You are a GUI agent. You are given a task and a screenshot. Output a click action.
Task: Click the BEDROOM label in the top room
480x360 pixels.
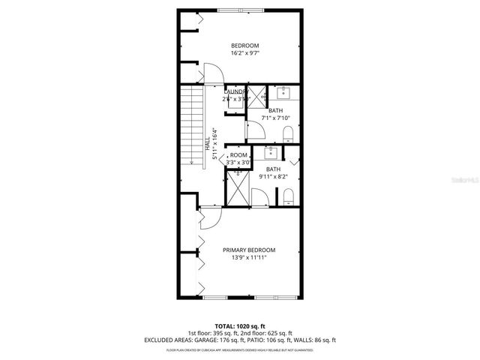coord(244,46)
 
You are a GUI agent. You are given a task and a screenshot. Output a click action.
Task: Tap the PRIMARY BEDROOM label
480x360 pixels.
coord(249,250)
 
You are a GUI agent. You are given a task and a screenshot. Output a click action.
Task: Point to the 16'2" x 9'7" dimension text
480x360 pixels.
coord(244,53)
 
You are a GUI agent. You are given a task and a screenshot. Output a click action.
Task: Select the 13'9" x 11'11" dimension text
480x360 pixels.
coord(249,258)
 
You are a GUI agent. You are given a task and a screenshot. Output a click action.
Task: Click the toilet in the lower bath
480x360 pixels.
coord(289,196)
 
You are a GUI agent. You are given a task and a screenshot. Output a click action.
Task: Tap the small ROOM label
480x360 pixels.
coord(238,154)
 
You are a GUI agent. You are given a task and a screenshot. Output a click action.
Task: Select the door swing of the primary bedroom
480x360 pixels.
coord(211,216)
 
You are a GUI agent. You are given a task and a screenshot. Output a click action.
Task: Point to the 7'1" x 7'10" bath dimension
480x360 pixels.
coord(275,118)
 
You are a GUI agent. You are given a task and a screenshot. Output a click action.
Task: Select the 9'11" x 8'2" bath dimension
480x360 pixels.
coord(274,177)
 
